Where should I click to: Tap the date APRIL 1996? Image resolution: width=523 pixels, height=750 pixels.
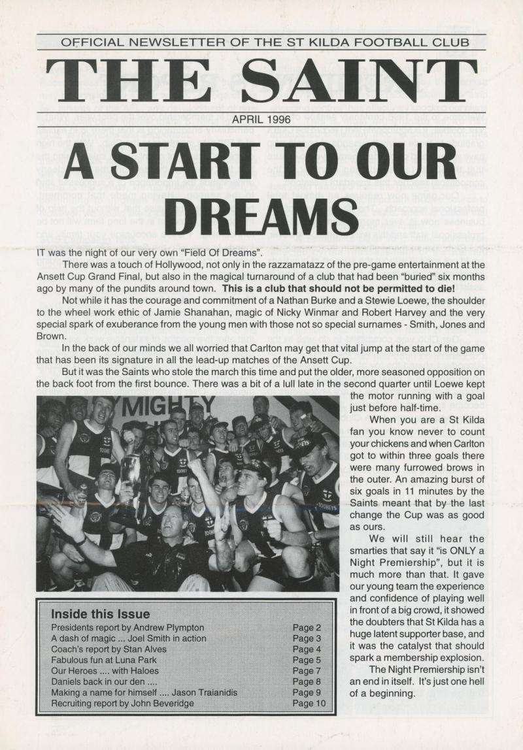pos(261,120)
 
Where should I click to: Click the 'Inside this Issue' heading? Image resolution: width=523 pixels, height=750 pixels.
pos(100,614)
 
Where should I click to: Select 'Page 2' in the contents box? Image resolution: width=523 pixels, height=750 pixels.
pos(306,627)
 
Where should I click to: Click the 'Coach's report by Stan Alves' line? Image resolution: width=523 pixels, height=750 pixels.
pos(108,649)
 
